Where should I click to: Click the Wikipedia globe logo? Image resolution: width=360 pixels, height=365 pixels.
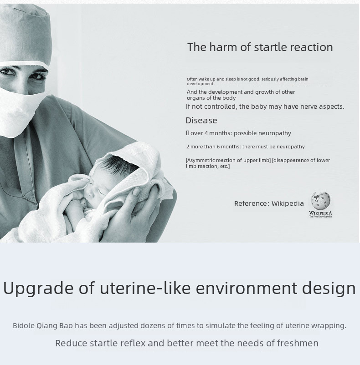pos(321,201)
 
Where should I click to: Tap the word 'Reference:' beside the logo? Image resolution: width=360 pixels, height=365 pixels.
pos(252,203)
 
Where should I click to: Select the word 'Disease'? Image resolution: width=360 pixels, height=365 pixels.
pos(201,120)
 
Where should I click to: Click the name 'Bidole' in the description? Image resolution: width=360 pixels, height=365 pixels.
pos(24,325)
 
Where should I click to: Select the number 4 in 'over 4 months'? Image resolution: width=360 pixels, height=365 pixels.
pos(206,133)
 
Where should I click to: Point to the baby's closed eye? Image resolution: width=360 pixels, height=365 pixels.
pos(102,192)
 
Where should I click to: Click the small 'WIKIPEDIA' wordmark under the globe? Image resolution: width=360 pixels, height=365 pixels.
pos(321,213)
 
